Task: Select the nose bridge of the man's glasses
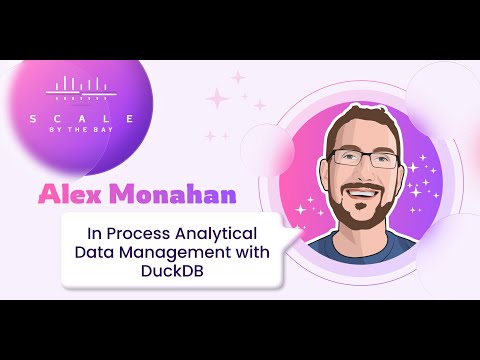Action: coord(360,157)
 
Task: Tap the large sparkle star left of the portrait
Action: coord(216,97)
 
